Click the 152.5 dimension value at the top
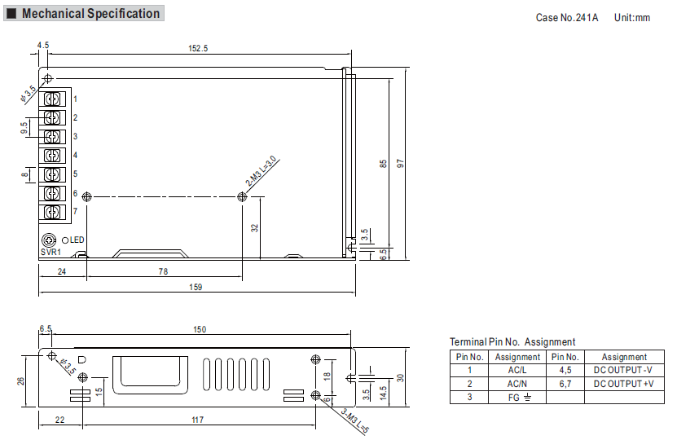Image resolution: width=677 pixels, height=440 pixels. tap(198, 48)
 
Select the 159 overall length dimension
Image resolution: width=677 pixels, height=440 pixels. tap(196, 287)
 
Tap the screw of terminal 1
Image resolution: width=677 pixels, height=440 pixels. tap(52, 99)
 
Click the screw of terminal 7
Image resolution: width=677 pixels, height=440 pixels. tap(52, 213)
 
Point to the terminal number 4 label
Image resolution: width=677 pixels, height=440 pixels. tap(75, 155)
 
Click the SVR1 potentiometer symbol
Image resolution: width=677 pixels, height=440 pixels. tap(49, 240)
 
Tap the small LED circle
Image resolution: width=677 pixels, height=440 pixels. tap(65, 240)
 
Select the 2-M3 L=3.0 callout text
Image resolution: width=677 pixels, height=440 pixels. tap(261, 171)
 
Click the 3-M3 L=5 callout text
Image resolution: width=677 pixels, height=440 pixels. tap(355, 420)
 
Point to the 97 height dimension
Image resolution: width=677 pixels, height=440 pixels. tap(400, 164)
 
